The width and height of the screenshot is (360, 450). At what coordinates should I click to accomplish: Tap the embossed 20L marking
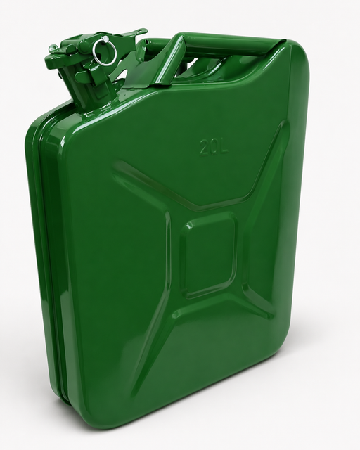(x=214, y=147)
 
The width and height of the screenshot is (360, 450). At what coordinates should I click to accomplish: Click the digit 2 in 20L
(x=205, y=147)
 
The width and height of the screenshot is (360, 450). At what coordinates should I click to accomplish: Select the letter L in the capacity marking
(x=224, y=147)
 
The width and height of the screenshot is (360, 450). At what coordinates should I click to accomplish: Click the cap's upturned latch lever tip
(x=143, y=31)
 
